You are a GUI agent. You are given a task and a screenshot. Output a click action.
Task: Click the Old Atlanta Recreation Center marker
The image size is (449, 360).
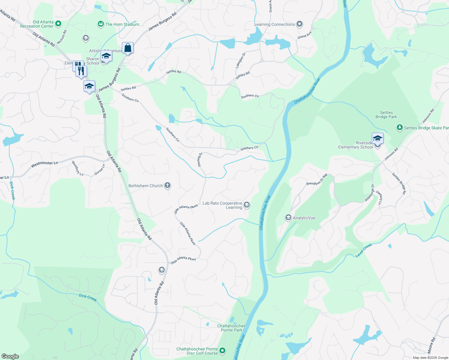(59, 23)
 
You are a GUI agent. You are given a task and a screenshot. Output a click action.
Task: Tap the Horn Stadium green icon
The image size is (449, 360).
(101, 24)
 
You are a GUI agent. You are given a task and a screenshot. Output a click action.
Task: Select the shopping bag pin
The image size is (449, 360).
(128, 48)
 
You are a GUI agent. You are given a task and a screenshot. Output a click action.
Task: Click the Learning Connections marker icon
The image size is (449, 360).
(299, 24)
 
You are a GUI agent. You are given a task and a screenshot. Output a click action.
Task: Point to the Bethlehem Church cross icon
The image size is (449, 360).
(167, 186)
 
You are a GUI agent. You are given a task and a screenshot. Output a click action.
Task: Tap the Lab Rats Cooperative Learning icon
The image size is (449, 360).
(247, 205)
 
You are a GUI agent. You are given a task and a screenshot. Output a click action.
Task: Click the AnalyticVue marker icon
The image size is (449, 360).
(288, 217)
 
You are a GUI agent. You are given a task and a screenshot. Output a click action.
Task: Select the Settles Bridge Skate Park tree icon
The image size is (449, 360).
(399, 127)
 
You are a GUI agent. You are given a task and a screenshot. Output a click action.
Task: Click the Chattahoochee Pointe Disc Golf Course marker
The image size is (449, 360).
(222, 351)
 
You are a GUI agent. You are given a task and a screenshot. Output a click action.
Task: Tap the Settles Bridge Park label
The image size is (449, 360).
(386, 115)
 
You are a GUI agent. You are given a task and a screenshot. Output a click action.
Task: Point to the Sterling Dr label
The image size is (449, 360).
(200, 160)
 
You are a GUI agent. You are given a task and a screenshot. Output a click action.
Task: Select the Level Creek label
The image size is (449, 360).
(364, 250)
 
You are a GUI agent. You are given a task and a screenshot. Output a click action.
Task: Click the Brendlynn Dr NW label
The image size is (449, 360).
(317, 180)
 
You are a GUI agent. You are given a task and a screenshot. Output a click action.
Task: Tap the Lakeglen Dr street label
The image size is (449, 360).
(240, 60)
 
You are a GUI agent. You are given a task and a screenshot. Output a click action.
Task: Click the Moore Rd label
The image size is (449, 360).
(432, 346)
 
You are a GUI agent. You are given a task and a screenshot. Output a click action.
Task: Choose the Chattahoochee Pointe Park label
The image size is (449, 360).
(231, 328)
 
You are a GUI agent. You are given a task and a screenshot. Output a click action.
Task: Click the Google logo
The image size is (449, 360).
(10, 356)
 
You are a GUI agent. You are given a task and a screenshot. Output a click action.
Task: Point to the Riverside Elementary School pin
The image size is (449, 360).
(377, 139)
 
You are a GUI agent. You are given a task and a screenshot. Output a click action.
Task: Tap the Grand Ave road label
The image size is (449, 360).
(304, 35)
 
